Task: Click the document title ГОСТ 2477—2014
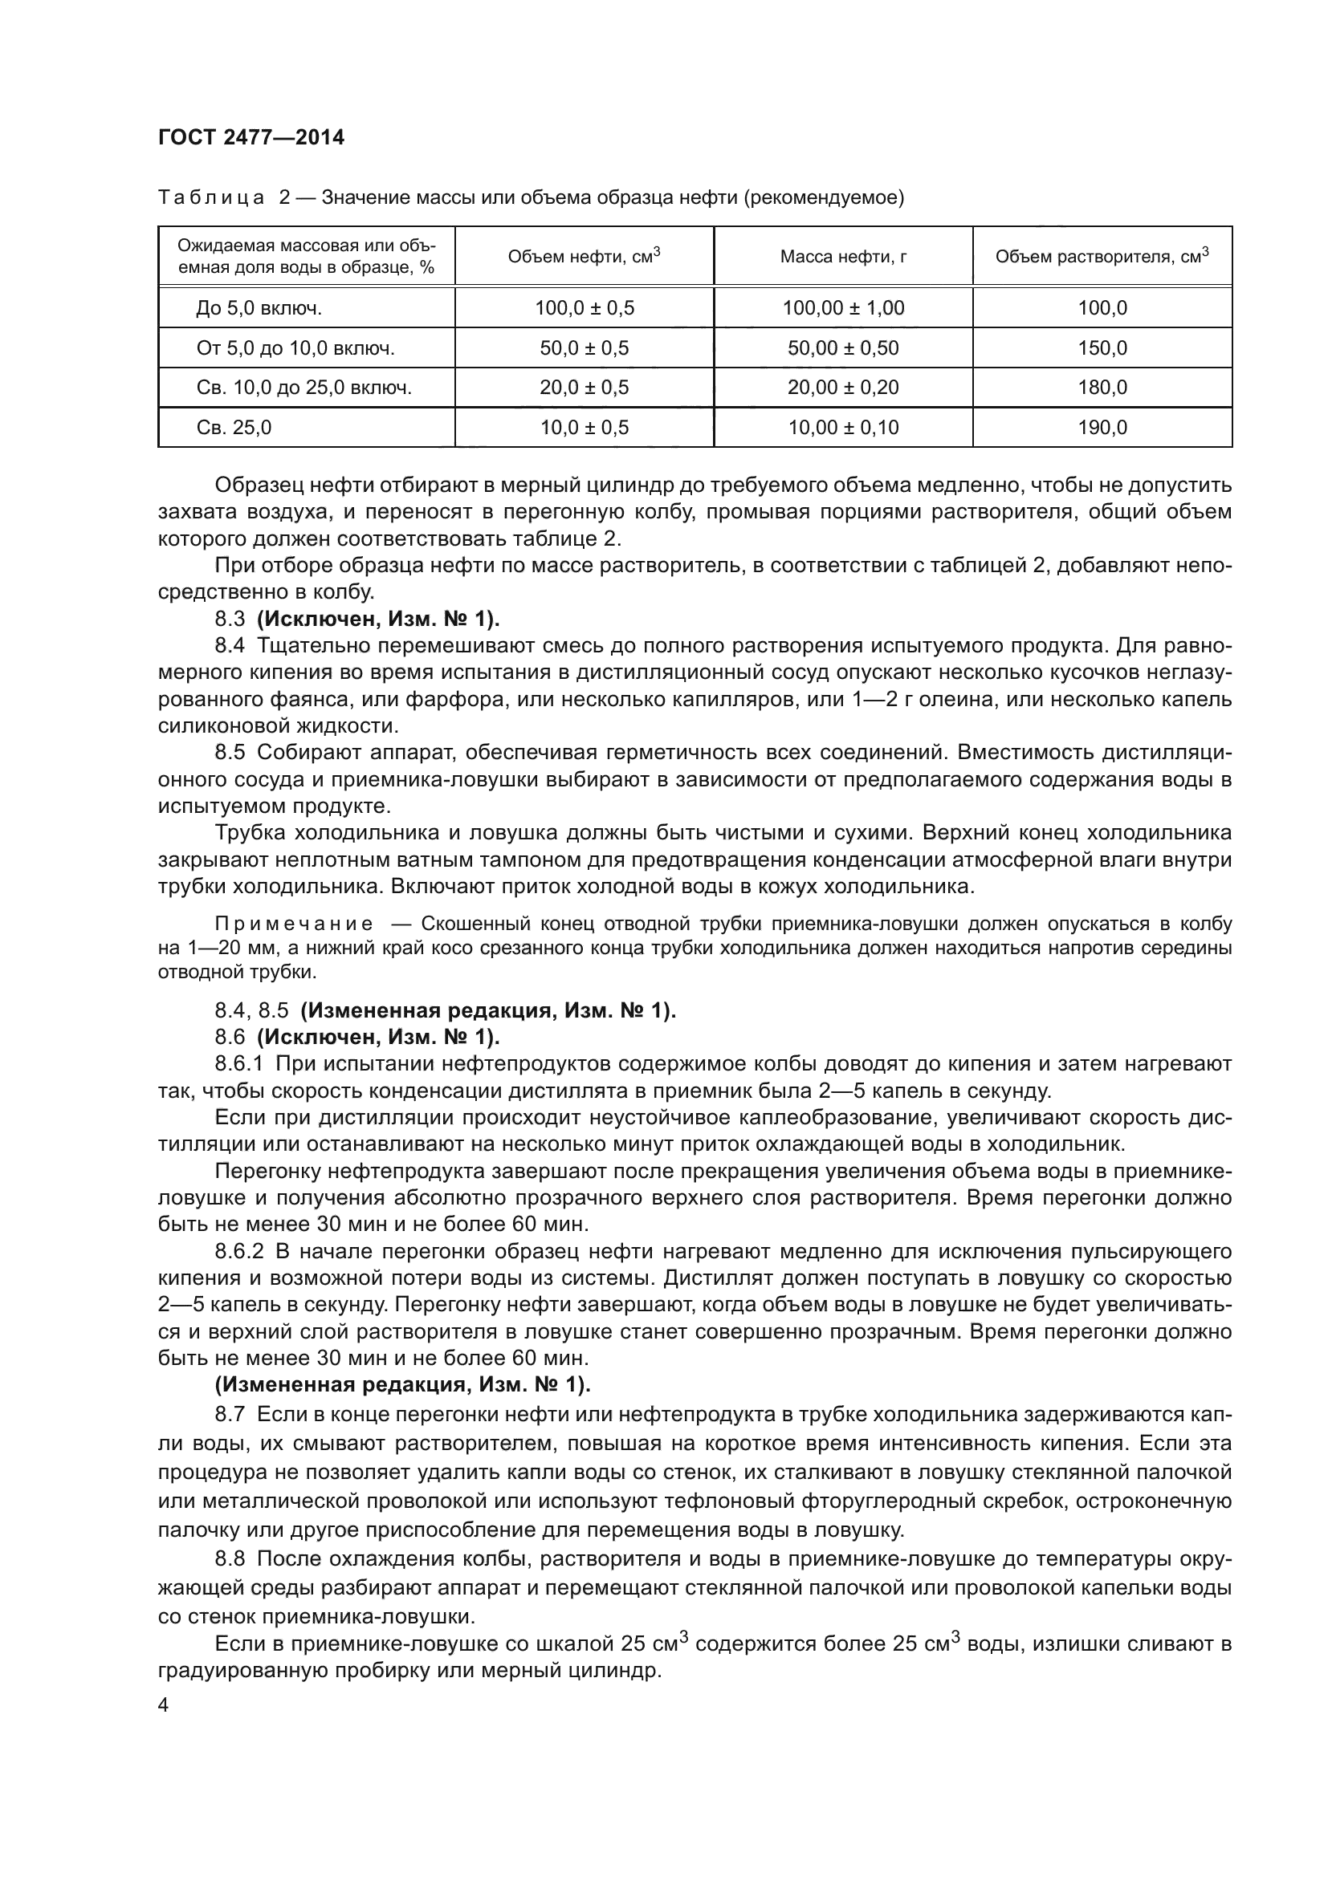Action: (251, 137)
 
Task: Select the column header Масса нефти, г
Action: (842, 257)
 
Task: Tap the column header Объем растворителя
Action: (1102, 257)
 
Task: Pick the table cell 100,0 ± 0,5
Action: (584, 308)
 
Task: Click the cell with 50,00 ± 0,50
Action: (842, 348)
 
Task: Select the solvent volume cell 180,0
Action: (1102, 388)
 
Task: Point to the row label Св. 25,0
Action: (234, 428)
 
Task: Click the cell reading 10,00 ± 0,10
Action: (842, 428)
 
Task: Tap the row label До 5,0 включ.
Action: (259, 308)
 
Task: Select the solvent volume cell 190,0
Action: (1102, 428)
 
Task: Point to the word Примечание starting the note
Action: (294, 924)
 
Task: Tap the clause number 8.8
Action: (230, 1559)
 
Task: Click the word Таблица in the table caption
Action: (210, 198)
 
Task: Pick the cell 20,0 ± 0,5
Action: (584, 388)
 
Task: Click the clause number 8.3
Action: (230, 619)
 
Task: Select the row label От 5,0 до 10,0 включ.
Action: (295, 348)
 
